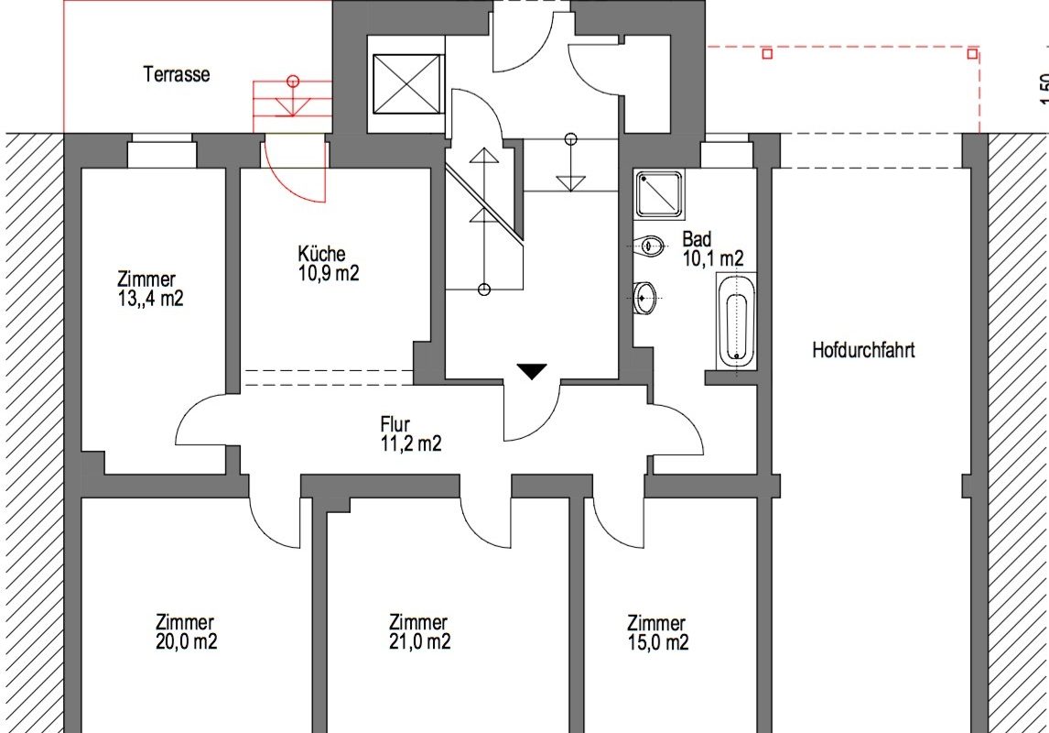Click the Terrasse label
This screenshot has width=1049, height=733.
[x=177, y=74]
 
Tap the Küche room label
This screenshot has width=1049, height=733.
[x=322, y=254]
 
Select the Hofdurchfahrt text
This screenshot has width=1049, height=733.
[x=864, y=350]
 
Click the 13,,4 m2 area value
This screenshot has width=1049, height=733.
[x=150, y=299]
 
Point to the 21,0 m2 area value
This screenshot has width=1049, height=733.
[x=419, y=641]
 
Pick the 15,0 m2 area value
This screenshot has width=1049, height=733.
[x=658, y=642]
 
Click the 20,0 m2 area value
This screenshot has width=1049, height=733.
[x=186, y=641]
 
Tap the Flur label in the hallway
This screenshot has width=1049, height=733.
[x=395, y=424]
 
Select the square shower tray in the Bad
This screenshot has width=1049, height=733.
[x=660, y=194]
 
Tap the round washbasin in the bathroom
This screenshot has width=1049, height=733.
[x=645, y=297]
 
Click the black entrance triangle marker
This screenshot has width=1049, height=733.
[x=532, y=371]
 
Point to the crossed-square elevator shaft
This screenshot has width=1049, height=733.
[x=408, y=83]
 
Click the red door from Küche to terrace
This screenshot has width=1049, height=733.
[x=296, y=168]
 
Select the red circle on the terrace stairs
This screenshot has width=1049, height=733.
[x=292, y=82]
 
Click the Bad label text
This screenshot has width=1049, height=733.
[x=697, y=239]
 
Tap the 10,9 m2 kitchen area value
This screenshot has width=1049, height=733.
[x=330, y=272]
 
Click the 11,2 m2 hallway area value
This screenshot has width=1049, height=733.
[x=411, y=443]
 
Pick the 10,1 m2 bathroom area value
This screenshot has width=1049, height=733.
[x=713, y=258]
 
